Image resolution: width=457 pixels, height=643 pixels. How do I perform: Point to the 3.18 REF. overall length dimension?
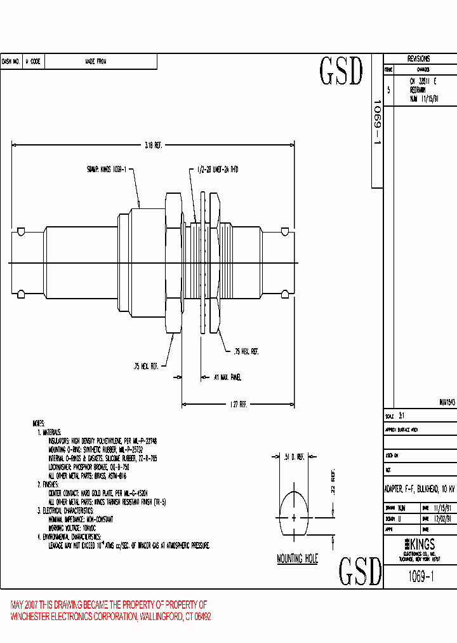[154, 146]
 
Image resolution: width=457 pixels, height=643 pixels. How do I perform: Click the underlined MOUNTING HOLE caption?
[297, 559]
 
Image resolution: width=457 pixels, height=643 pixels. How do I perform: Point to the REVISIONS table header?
[418, 58]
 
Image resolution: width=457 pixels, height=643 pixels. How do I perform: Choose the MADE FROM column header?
[96, 62]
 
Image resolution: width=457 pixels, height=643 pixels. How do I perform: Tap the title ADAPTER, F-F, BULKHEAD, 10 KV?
[420, 489]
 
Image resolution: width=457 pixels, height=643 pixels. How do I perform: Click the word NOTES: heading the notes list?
[39, 423]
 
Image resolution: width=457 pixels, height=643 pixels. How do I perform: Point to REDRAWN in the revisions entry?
[419, 90]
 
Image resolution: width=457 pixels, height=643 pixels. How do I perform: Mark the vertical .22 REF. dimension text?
[331, 485]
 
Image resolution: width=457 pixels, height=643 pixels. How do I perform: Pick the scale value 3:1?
[401, 416]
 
